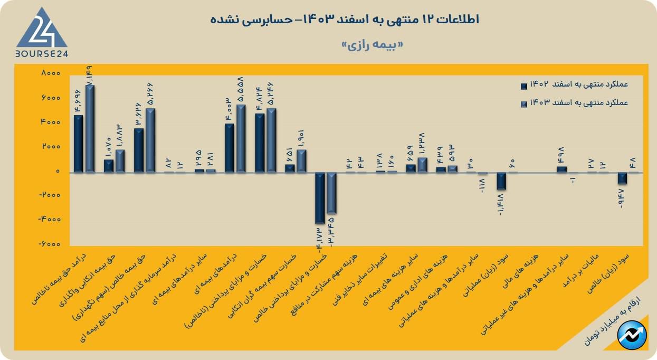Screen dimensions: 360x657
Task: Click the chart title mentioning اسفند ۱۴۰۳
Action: click(x=344, y=20)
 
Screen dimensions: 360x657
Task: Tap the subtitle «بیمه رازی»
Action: click(x=373, y=45)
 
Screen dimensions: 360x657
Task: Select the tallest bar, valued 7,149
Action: click(x=90, y=129)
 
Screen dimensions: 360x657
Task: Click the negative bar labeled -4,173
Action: click(x=320, y=198)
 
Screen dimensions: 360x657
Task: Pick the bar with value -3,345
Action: click(x=331, y=193)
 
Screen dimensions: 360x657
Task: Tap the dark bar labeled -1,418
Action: click(x=501, y=181)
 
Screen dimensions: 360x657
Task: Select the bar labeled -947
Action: click(x=622, y=178)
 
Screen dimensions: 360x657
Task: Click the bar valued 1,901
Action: click(x=301, y=161)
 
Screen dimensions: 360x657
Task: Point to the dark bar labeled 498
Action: click(x=561, y=169)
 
